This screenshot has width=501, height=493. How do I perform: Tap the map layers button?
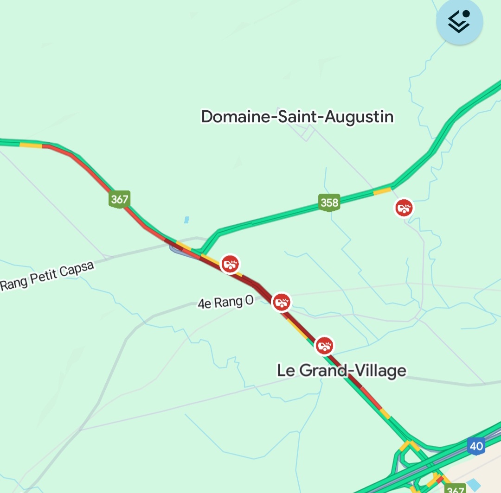[x=459, y=22]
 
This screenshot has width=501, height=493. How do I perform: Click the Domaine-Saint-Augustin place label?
[x=297, y=117]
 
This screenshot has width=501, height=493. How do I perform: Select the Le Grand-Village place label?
[x=341, y=371]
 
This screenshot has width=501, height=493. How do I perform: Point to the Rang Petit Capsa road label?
[x=47, y=277]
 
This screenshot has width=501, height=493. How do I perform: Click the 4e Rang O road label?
[x=226, y=303]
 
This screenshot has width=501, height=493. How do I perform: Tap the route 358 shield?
[x=329, y=202]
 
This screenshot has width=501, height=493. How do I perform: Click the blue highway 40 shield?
[x=476, y=446]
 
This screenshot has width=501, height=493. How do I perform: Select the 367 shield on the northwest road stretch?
[x=119, y=200]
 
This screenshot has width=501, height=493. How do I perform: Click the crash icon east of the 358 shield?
[x=404, y=208]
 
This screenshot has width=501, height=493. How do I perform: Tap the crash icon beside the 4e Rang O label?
[x=281, y=302]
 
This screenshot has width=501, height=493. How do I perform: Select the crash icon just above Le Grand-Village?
[x=324, y=345]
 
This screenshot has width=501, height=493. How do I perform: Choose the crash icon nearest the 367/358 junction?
[x=230, y=264]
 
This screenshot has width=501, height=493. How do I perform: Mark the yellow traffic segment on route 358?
[x=382, y=190]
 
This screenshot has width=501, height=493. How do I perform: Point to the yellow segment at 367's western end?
[x=31, y=145]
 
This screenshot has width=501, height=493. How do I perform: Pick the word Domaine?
[x=235, y=117]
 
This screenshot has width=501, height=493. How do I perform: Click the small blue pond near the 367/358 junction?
[x=186, y=220]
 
